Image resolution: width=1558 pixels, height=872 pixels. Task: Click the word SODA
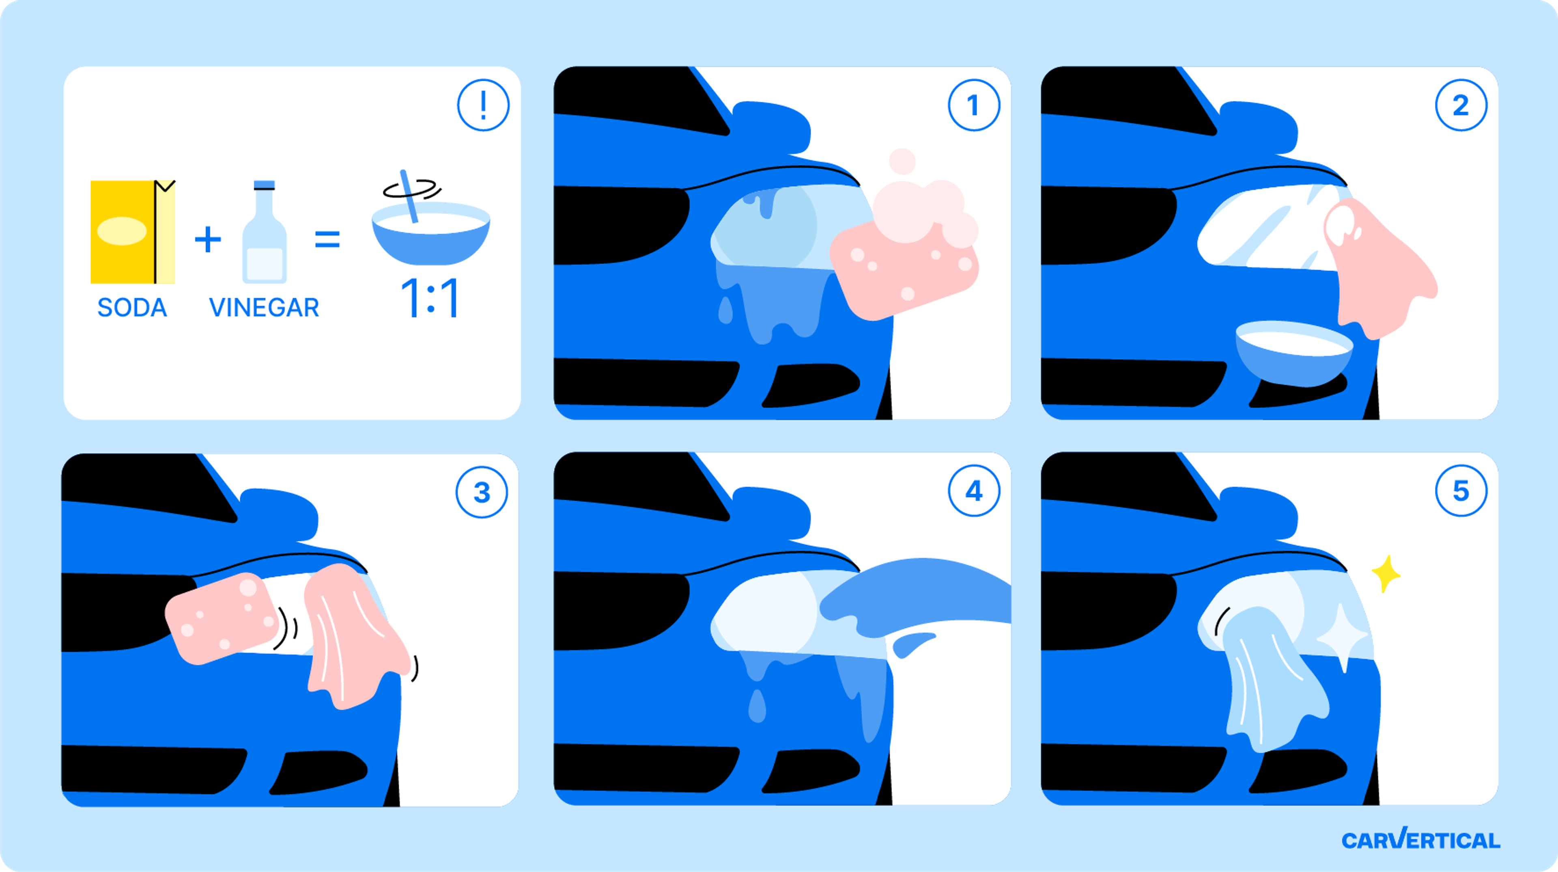click(x=132, y=308)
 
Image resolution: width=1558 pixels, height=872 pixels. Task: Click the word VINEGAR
click(x=264, y=308)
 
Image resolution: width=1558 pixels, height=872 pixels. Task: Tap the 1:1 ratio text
click(x=430, y=298)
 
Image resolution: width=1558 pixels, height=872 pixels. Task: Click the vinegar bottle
click(x=264, y=232)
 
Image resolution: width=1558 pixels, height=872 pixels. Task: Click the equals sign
click(x=327, y=239)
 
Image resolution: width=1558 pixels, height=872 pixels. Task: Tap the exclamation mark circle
click(x=483, y=105)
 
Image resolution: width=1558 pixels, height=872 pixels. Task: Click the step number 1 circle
click(x=974, y=105)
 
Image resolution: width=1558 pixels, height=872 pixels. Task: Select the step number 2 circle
click(x=1461, y=105)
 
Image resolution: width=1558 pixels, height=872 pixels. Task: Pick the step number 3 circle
click(x=482, y=492)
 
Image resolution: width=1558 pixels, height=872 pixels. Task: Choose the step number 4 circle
click(x=974, y=491)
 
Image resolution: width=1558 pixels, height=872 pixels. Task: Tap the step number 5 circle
click(x=1461, y=491)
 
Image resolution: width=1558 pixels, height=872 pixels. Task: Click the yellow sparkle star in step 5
click(x=1386, y=573)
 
